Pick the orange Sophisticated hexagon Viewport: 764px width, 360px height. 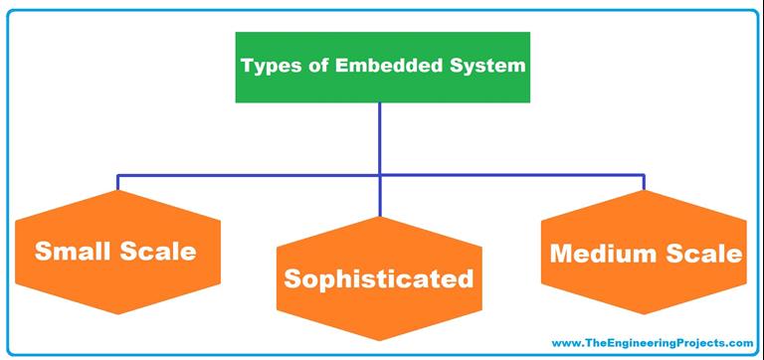[x=379, y=279]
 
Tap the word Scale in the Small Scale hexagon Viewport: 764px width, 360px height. [x=158, y=252]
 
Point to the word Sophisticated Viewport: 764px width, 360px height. [x=379, y=279]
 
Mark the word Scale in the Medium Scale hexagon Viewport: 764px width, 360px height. [x=704, y=254]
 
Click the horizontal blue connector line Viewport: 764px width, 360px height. [x=249, y=176]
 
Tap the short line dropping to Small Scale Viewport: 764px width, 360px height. [x=117, y=183]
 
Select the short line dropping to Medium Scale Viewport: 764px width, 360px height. [x=645, y=183]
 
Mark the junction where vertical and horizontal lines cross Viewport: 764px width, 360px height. [x=380, y=176]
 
